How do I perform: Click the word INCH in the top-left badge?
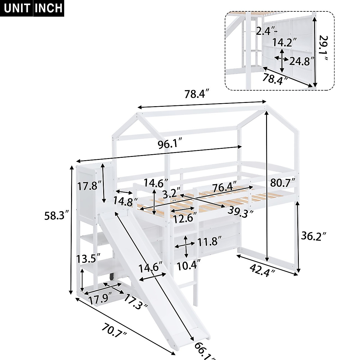click(49, 8)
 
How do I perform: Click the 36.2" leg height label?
click(313, 237)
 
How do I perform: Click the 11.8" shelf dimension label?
click(209, 241)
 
